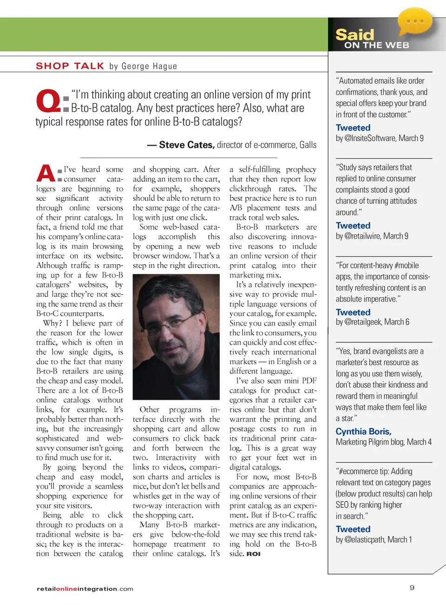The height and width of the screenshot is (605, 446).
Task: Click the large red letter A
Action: tap(46, 173)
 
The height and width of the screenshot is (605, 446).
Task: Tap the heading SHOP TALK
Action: tap(70, 66)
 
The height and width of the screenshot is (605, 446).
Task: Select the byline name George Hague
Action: tap(149, 66)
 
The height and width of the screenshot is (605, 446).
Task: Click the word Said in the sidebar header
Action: tap(354, 35)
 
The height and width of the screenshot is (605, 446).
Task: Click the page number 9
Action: tap(412, 587)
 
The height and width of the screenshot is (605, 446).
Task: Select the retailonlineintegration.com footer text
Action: tap(85, 589)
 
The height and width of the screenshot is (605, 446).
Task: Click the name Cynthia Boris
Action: tap(363, 432)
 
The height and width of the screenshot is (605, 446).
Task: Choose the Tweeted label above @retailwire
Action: tap(353, 226)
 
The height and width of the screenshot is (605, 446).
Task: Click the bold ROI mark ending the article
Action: tap(253, 554)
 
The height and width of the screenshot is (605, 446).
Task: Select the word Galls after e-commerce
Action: tap(308, 145)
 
